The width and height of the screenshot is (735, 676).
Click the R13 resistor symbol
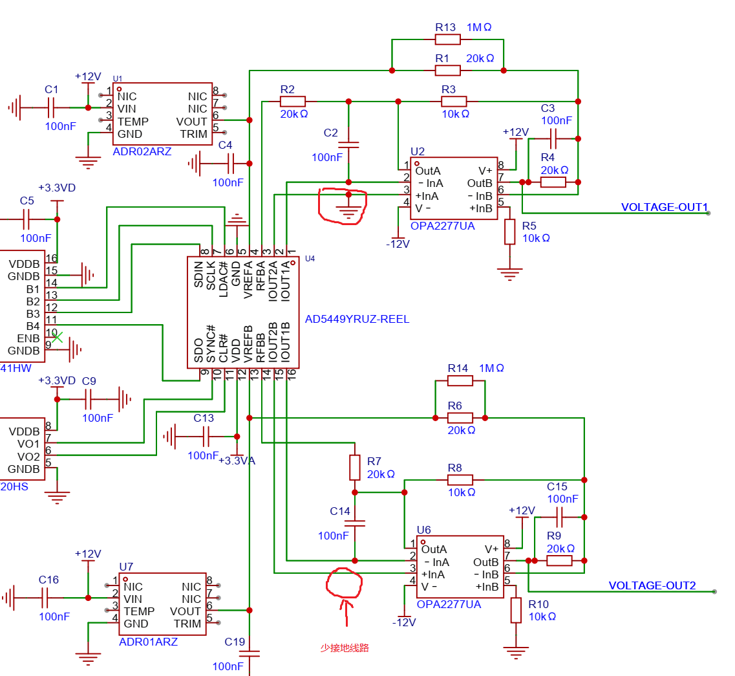[x=447, y=40]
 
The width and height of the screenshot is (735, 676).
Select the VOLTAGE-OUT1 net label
[x=665, y=207]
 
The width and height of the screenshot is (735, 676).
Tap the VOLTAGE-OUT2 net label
[x=652, y=585]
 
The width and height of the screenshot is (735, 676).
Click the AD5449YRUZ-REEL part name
[x=357, y=319]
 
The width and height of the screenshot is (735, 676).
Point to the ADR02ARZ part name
[x=142, y=151]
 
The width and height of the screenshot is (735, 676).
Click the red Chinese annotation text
[x=345, y=648]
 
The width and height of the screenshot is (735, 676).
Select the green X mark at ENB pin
[x=57, y=337]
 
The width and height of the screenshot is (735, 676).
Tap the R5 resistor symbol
[x=509, y=232]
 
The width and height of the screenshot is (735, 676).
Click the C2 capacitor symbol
[x=348, y=145]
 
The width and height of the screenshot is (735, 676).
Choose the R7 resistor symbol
[x=355, y=467]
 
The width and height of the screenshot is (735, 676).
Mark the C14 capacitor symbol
[x=355, y=523]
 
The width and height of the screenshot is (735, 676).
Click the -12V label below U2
[x=398, y=244]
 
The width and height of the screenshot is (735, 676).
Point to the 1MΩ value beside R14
[x=492, y=368]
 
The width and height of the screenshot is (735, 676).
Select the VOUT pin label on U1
[x=192, y=122]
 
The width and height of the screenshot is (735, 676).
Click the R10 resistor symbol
[x=516, y=610]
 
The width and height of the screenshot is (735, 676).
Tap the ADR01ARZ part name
[x=148, y=642]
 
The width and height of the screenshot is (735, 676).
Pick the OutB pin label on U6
[x=485, y=562]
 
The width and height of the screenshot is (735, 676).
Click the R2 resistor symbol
[x=292, y=102]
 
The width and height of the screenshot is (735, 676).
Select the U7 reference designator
[x=126, y=567]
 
